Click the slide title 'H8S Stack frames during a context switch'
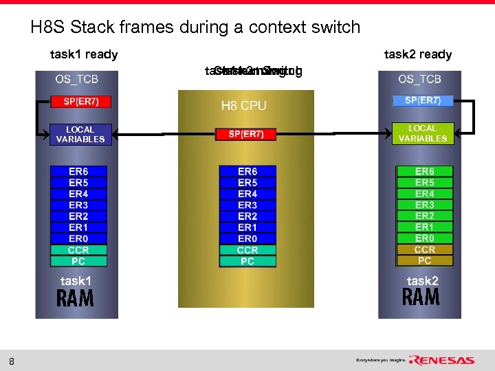[x=195, y=27]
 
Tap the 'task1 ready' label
[x=84, y=54]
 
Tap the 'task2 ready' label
[x=417, y=54]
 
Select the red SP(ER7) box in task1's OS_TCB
[x=80, y=102]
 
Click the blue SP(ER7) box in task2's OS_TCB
[x=422, y=101]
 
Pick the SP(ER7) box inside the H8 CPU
[x=247, y=134]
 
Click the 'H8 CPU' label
[x=243, y=106]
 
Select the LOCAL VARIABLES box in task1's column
[x=80, y=134]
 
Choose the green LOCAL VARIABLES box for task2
[x=422, y=133]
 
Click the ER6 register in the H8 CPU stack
[x=247, y=172]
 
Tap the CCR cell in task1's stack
[x=78, y=250]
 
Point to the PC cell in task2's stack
[x=424, y=260]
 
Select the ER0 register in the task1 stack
[x=78, y=238]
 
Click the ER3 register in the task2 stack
[x=424, y=205]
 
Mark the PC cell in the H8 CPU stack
[x=247, y=261]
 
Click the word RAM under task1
[x=75, y=299]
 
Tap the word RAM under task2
[x=421, y=298]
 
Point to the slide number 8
[x=12, y=361]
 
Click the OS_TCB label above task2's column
[x=419, y=80]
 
